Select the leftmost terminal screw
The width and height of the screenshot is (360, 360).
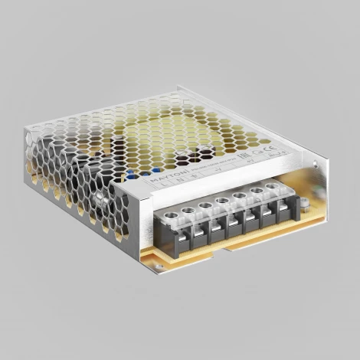(169, 214)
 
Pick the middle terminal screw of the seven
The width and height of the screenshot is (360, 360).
(222, 201)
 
